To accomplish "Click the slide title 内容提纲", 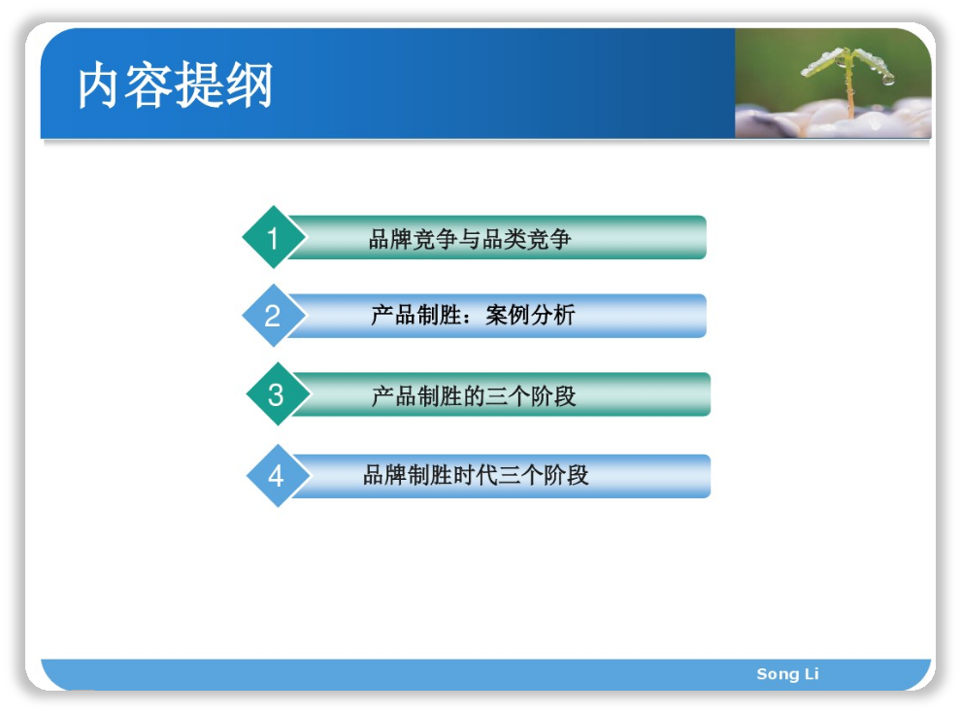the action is coord(176,85).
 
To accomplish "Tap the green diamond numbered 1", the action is coord(274,237).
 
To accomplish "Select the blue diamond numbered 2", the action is coord(274,316).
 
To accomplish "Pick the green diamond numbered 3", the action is coord(277,394).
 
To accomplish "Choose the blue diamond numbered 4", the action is coord(277,476).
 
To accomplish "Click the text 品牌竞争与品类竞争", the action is coord(470,239).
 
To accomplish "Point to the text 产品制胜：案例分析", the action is coord(473,315).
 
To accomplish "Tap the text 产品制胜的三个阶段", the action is coord(473,396).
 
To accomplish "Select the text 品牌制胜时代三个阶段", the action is coord(476,475).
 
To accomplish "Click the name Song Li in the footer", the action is coord(787,674).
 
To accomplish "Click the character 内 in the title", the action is coord(98,85).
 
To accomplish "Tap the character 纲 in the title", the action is coord(250,85).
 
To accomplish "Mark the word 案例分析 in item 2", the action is coord(530,315).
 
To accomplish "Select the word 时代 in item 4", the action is coord(476,475).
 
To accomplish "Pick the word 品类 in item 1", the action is coord(504,239).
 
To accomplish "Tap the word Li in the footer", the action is coord(812,674).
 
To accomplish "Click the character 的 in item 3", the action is coord(474,396).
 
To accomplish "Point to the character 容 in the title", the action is coord(148,85).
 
